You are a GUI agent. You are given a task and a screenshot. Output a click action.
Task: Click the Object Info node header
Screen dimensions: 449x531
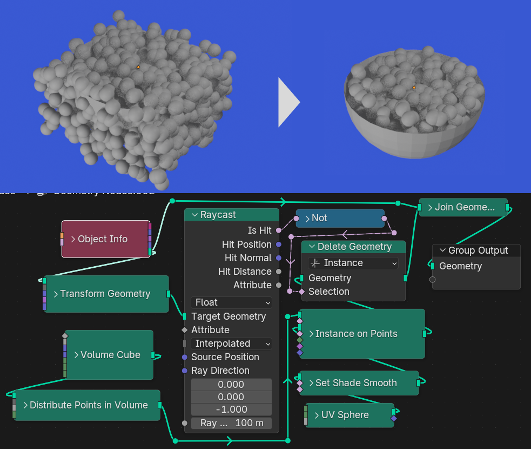pyautogui.click(x=103, y=239)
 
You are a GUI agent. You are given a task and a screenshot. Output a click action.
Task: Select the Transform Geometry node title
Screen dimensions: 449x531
pyautogui.click(x=105, y=294)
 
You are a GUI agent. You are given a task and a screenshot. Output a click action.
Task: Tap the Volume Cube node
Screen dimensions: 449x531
pyautogui.click(x=110, y=355)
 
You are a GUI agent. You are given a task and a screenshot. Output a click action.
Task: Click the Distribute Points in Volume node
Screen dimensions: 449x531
pyautogui.click(x=88, y=405)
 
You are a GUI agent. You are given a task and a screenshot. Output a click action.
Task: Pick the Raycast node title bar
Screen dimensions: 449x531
pyautogui.click(x=231, y=215)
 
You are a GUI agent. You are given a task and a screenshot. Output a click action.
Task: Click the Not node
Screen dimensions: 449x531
pyautogui.click(x=339, y=218)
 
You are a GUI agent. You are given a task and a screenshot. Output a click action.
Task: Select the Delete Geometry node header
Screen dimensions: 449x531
pyautogui.click(x=354, y=247)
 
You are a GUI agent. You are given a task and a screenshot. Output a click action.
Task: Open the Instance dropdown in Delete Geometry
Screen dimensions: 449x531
pyautogui.click(x=353, y=263)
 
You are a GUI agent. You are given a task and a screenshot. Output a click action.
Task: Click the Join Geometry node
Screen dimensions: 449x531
pyautogui.click(x=463, y=207)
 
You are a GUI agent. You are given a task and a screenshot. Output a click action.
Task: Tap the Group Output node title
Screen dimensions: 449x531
pyautogui.click(x=478, y=250)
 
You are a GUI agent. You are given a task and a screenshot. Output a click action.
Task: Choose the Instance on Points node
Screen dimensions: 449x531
pyautogui.click(x=356, y=334)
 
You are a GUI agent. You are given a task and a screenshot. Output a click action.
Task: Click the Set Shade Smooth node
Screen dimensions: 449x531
pyautogui.click(x=356, y=383)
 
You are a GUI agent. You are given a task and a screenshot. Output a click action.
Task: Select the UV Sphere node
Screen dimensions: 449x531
pyautogui.click(x=345, y=415)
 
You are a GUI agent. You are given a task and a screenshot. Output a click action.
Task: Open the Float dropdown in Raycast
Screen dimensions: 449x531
pyautogui.click(x=231, y=302)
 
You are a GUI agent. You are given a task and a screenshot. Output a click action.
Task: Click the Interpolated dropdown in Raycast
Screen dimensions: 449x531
pyautogui.click(x=231, y=344)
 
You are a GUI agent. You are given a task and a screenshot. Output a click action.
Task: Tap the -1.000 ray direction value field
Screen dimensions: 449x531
pyautogui.click(x=231, y=410)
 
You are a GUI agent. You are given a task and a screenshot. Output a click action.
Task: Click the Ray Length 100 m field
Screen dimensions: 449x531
pyautogui.click(x=231, y=423)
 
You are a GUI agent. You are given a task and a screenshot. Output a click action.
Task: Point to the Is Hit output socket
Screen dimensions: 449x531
pyautogui.click(x=279, y=230)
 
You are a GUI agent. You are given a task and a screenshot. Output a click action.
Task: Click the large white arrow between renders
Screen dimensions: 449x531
pyautogui.click(x=288, y=102)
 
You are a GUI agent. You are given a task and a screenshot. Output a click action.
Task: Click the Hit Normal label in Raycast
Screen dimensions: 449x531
pyautogui.click(x=247, y=258)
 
